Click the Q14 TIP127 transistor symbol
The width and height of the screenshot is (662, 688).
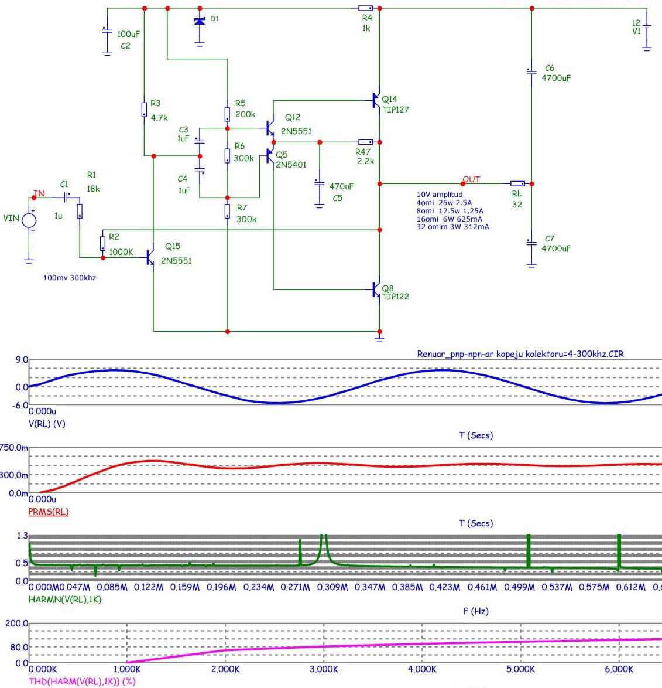(376, 100)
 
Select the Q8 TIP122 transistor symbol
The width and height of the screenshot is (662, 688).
(376, 289)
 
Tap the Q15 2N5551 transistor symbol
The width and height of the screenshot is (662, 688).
(150, 257)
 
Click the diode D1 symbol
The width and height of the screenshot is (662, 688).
(200, 21)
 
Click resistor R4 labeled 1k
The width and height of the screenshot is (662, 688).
(365, 8)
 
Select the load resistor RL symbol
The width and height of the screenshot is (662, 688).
(517, 184)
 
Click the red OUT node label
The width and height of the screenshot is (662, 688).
(471, 179)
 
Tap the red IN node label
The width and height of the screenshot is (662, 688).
(39, 193)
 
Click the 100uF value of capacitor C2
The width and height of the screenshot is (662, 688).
(128, 34)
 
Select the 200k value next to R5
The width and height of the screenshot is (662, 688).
(245, 114)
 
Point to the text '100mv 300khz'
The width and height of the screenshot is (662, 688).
(70, 277)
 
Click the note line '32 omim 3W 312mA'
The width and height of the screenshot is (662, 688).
(452, 226)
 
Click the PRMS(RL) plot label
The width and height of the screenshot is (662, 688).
(49, 512)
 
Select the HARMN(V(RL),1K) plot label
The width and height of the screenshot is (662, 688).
(65, 600)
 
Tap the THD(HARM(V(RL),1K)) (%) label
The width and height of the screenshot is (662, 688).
(83, 682)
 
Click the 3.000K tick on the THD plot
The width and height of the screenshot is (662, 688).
(324, 669)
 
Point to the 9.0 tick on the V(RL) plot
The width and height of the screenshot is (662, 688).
(22, 360)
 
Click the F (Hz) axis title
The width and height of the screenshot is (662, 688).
(476, 611)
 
